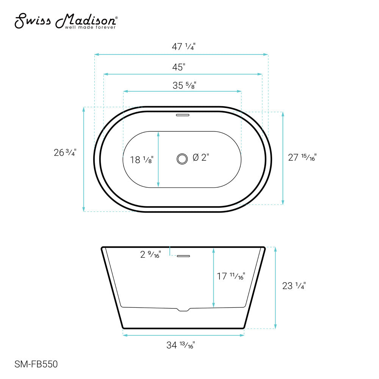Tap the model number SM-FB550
tap(36, 365)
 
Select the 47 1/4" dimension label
tap(183, 47)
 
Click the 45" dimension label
tap(179, 67)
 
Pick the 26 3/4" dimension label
tap(65, 153)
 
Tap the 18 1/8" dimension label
tap(142, 160)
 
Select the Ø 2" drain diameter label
tap(201, 158)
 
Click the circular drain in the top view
tap(182, 159)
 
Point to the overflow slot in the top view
tap(183, 113)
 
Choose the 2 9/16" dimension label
tap(150, 255)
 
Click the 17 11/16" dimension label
tap(231, 277)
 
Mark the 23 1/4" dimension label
tap(294, 286)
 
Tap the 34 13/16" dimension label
tap(181, 345)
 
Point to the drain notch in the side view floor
tap(183, 310)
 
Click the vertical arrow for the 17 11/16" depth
tap(214, 277)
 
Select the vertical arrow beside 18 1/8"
tap(158, 159)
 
